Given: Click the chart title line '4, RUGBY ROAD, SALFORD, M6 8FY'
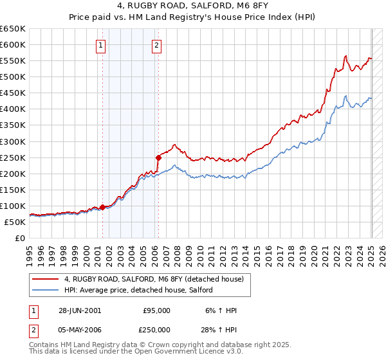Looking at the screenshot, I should (x=193, y=7).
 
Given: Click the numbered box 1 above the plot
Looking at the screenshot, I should (x=102, y=45).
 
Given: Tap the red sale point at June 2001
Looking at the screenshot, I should (x=103, y=207).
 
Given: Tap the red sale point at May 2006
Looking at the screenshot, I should (x=158, y=157).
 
